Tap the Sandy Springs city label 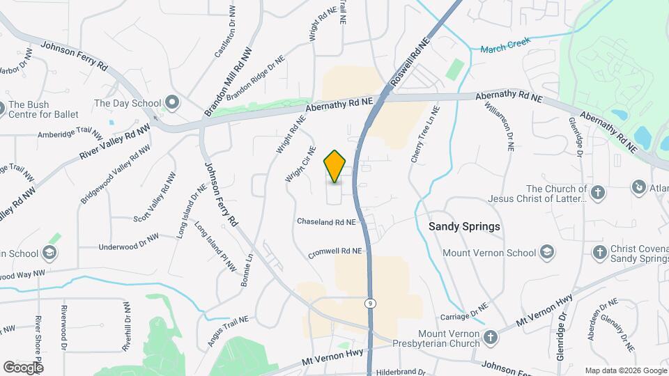tap(464, 227)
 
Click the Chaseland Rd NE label tap(327, 222)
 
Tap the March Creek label tap(505, 45)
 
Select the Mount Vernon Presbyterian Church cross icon tap(491, 338)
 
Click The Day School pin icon tap(171, 104)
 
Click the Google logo tap(23, 367)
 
